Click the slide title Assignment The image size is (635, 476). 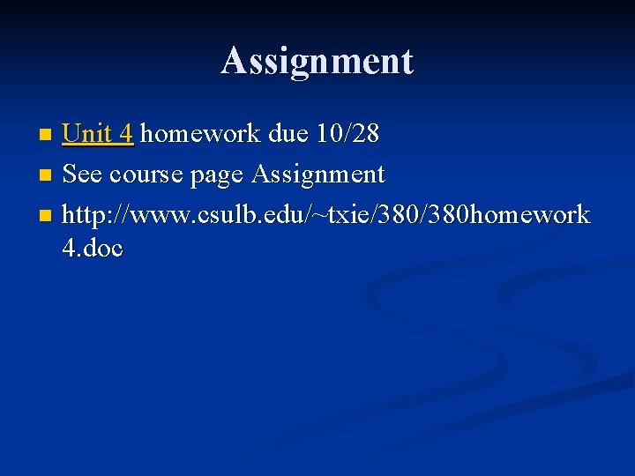317,61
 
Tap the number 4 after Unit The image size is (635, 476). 126,134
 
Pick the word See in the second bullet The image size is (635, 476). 82,175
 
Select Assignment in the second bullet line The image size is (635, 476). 318,175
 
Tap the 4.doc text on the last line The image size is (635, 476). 93,249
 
